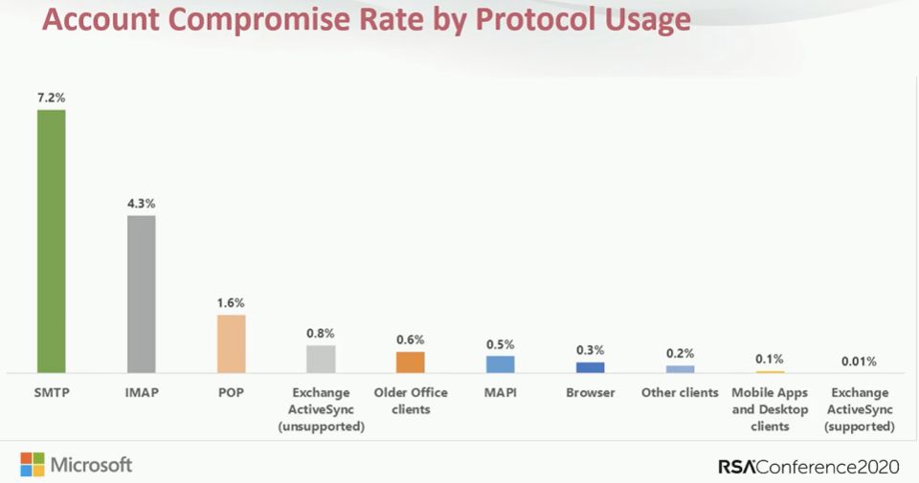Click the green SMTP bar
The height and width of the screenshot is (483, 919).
tap(51, 240)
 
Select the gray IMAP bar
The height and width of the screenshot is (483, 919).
tap(141, 293)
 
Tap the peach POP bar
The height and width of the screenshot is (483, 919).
tap(231, 342)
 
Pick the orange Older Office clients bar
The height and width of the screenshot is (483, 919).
tap(411, 362)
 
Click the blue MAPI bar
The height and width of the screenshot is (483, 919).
tap(500, 363)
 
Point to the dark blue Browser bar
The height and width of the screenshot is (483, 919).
tap(590, 366)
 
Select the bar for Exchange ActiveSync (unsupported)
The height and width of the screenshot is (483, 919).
tap(321, 358)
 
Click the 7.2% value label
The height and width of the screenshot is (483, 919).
tap(51, 98)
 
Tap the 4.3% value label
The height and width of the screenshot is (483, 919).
tap(141, 203)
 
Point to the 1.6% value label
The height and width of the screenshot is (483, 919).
tap(231, 302)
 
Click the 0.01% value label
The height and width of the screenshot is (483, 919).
tap(859, 362)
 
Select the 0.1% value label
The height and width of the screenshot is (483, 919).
tap(770, 359)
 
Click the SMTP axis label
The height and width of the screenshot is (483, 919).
tap(51, 393)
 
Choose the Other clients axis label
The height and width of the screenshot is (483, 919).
tap(680, 393)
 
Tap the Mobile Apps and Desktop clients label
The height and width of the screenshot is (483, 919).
tap(770, 409)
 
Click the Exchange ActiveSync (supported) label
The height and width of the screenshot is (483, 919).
tap(859, 409)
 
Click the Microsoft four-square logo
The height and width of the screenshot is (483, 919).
tap(32, 465)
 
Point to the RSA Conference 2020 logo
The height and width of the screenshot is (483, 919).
tap(808, 467)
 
